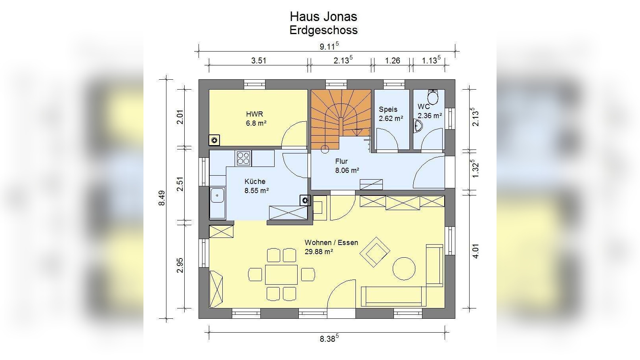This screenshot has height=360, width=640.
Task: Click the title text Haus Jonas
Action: (x=323, y=17)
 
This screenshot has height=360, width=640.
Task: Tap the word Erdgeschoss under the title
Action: (x=323, y=30)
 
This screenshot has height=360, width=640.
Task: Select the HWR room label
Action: (x=254, y=114)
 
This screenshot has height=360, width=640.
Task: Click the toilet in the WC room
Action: (x=433, y=97)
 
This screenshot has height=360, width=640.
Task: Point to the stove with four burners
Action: (x=243, y=159)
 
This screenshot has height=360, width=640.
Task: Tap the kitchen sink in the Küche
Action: (x=218, y=195)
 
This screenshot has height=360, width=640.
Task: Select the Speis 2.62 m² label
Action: (x=391, y=114)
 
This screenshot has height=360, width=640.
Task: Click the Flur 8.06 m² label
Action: (x=347, y=166)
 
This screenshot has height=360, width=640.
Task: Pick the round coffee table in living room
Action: (x=404, y=268)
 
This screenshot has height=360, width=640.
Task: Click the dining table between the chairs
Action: (x=281, y=274)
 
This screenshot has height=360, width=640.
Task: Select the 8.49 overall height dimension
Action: (x=162, y=198)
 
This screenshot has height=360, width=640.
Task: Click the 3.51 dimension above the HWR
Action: (x=258, y=61)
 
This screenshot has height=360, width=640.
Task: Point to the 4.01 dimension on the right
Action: (x=476, y=251)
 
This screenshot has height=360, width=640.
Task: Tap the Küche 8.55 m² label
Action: (x=256, y=186)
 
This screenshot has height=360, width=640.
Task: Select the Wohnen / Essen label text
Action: (x=331, y=243)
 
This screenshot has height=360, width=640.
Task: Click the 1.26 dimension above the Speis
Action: (x=392, y=61)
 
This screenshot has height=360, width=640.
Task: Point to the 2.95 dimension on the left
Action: (x=180, y=265)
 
